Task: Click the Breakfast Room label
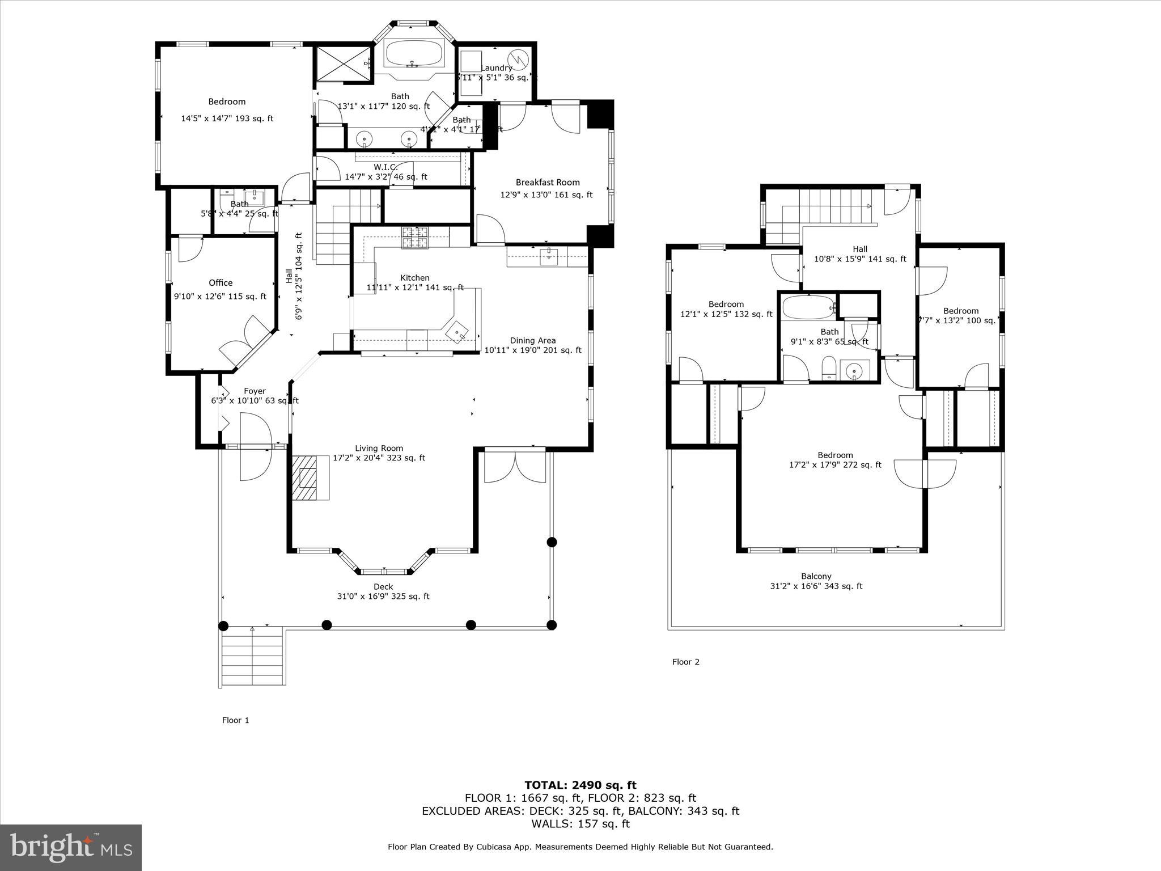pos(547,182)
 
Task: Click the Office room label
pos(221,282)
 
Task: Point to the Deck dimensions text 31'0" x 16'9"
pos(383,597)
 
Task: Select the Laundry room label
pos(496,68)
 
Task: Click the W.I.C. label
pos(385,167)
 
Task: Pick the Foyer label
pos(255,391)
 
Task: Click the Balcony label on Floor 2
pos(816,576)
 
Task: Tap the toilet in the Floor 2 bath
pos(829,368)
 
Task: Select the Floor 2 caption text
pos(685,662)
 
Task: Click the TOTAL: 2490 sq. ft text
pos(580,785)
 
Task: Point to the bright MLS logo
pos(71,847)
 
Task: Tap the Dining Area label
pos(532,340)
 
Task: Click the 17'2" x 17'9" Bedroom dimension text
pos(834,465)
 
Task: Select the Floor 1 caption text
pos(235,720)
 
